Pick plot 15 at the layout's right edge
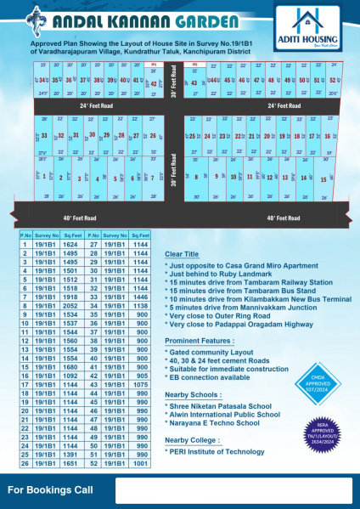click(323, 179)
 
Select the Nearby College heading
click(193, 439)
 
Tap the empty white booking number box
click(233, 491)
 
